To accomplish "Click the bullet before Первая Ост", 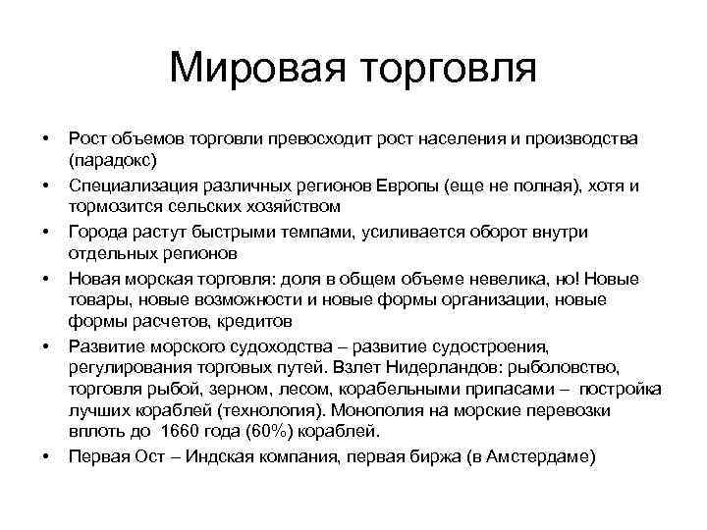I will (45, 456).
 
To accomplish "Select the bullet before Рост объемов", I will (45, 138).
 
